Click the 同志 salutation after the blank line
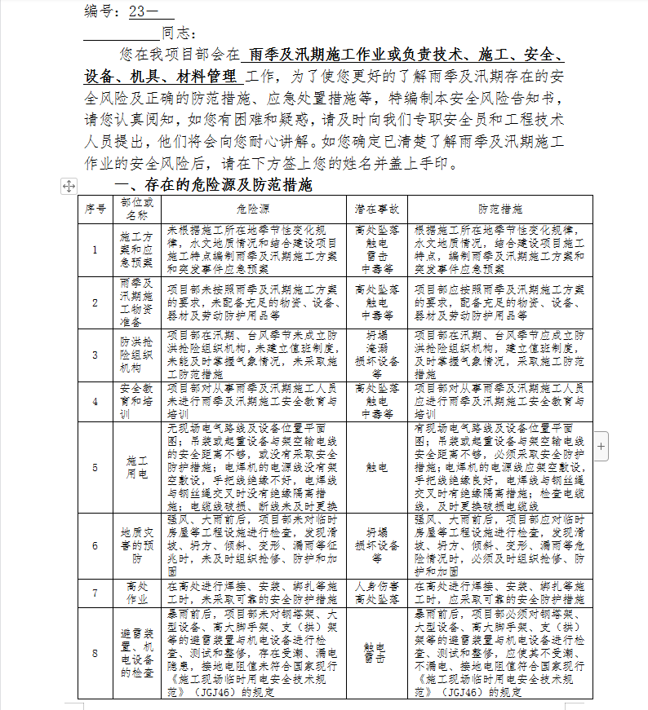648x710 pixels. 180,33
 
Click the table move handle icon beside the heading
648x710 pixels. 69,186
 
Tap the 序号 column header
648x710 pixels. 95,209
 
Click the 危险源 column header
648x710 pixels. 256,209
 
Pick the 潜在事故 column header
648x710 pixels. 377,209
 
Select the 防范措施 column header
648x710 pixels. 500,209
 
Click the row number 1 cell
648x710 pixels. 95,250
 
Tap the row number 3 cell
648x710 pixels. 95,355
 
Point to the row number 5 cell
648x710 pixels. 95,468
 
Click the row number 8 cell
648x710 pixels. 95,652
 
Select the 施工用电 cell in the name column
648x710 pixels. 136,468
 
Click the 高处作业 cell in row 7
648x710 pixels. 136,593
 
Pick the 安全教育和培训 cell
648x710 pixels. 136,401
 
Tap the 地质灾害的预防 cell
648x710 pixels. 136,546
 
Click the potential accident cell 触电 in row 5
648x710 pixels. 377,468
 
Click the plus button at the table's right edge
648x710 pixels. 601,446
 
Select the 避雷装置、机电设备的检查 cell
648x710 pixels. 136,652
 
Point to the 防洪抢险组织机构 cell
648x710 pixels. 136,355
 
